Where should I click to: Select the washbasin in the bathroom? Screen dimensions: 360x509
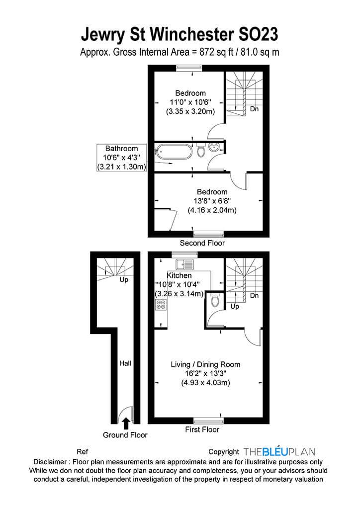[214, 148]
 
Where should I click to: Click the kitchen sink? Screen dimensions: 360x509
[184, 264]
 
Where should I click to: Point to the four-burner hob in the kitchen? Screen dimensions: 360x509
[161, 304]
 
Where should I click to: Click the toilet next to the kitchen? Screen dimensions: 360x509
[215, 300]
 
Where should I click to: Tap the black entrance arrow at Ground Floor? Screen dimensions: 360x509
[126, 424]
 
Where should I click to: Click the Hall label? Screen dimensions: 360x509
[125, 363]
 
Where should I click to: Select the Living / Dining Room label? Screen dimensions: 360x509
[205, 364]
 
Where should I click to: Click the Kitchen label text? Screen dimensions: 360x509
[179, 275]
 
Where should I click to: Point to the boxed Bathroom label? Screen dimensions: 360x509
[121, 158]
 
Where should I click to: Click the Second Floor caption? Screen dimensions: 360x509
[202, 243]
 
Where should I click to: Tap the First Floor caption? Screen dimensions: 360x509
[202, 429]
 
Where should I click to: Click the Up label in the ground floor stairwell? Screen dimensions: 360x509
[124, 279]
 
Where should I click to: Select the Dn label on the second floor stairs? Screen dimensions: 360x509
[254, 109]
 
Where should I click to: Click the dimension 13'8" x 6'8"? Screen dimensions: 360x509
[212, 201]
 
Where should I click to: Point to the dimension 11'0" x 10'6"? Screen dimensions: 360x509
[190, 102]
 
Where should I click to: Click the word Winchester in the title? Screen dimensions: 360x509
[192, 34]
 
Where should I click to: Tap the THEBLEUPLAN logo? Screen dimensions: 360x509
[279, 451]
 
